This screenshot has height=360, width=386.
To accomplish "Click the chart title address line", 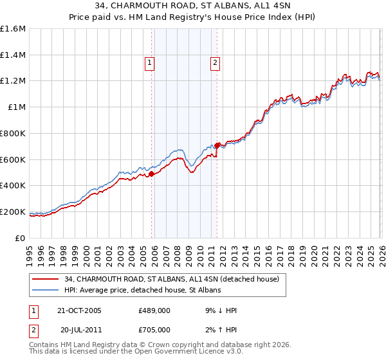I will coord(192,7).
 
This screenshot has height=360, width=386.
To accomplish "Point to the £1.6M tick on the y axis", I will coord(14,29).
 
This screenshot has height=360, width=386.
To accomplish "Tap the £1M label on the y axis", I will coord(17,107).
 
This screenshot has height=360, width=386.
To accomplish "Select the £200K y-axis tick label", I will coord(14,212).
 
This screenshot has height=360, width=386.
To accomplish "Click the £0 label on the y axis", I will coord(21,238).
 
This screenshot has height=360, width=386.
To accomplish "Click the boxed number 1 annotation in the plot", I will coord(149,63).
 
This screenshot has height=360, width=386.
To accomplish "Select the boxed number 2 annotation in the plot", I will coord(214,63).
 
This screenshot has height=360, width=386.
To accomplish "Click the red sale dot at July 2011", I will coord(217,145).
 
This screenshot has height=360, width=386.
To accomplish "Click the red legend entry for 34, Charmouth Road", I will coord(171,280).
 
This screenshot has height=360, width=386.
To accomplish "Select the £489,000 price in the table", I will coord(154,310).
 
